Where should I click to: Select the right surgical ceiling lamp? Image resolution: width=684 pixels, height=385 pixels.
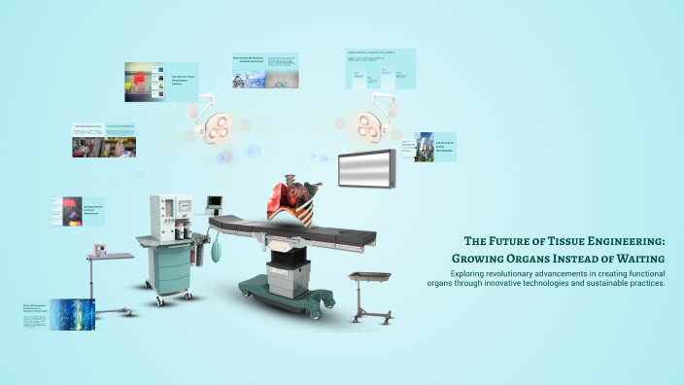372,123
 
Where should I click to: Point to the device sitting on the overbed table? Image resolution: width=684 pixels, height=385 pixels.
98,249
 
